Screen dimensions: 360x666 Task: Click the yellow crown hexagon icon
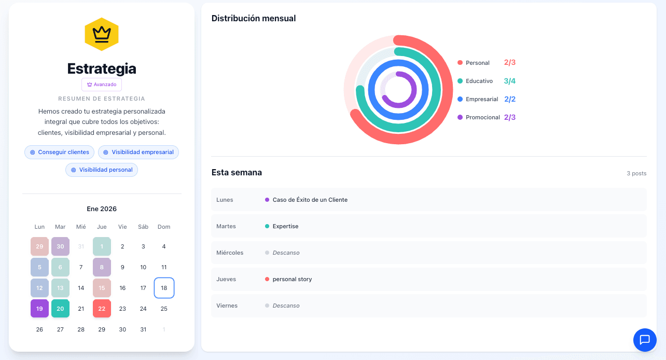(102, 34)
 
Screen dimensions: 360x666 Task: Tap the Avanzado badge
(102, 85)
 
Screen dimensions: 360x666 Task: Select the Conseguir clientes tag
(60, 152)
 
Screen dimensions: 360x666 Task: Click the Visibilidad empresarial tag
(138, 152)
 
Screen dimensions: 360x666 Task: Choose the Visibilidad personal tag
(102, 170)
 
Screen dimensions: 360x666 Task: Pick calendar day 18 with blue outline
(164, 288)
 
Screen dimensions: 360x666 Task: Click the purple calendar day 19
(39, 309)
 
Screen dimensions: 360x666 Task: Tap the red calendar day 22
(102, 309)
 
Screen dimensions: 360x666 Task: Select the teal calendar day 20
(60, 309)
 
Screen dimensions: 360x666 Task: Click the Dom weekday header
(164, 227)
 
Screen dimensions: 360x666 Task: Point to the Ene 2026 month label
(102, 209)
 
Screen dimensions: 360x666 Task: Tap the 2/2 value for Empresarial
(510, 99)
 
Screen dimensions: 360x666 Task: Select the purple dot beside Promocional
(460, 117)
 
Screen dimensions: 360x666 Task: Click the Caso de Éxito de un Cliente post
(310, 200)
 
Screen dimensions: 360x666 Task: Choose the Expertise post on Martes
(285, 226)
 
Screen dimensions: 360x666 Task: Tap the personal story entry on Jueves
(292, 279)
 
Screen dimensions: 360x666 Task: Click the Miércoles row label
(230, 253)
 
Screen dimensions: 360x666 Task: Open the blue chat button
(645, 340)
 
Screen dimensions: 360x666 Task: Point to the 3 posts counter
(636, 173)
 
